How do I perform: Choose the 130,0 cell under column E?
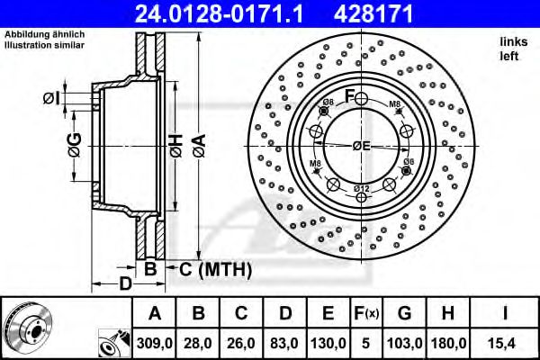coord(328,342)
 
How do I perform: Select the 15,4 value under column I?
coord(508,342)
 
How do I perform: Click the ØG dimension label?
coord(75,144)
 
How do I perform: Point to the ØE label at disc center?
coord(361,146)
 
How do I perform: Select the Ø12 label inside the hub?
coord(360,187)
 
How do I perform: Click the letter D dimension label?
coord(125,284)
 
